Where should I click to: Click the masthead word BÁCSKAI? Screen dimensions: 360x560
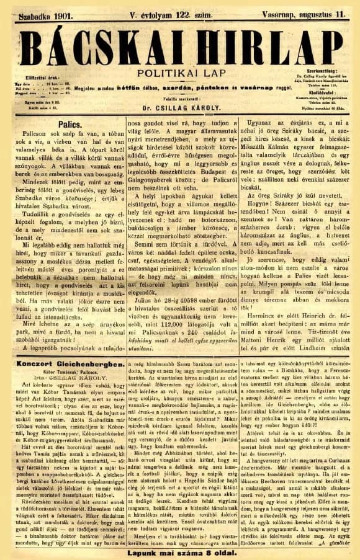tap(106, 47)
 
